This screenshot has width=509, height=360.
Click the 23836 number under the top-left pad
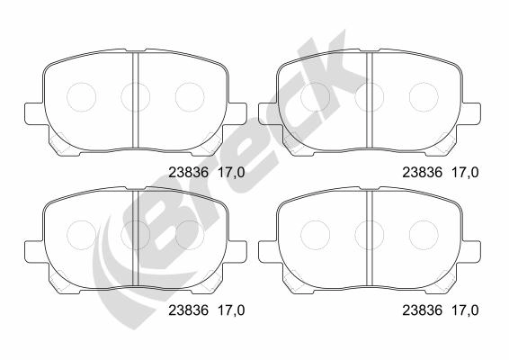click(188, 173)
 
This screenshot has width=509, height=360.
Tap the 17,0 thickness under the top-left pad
click(231, 173)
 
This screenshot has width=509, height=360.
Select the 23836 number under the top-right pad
click(423, 173)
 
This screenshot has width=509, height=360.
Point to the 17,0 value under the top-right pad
click(465, 173)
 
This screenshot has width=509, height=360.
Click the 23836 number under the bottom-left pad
click(188, 310)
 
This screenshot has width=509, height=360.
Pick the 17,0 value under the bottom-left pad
click(231, 310)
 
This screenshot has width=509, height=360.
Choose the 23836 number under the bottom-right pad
click(423, 310)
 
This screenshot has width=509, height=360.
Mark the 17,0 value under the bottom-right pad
click(465, 310)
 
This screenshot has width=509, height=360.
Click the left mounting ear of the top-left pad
click(34, 113)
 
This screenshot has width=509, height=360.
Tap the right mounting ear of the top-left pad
click(237, 113)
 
